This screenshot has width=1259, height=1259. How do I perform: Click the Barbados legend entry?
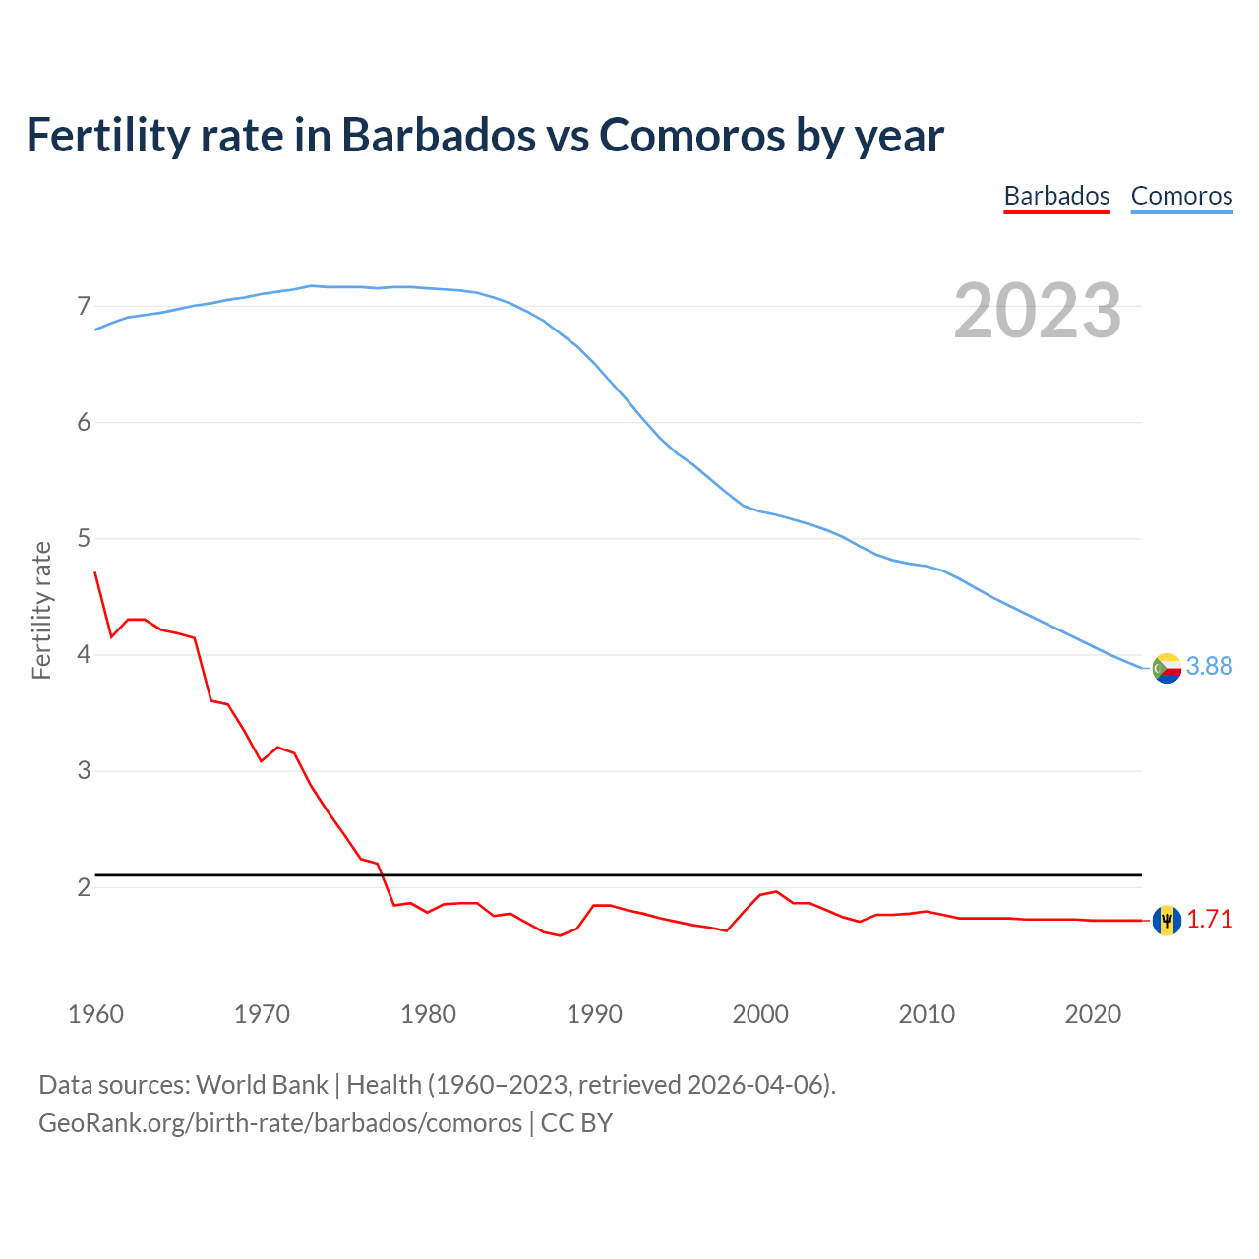point(1056,196)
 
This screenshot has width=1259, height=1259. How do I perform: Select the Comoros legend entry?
point(1181,196)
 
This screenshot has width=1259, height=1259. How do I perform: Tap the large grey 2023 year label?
point(1038,311)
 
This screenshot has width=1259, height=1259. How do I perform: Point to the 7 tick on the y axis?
point(84,306)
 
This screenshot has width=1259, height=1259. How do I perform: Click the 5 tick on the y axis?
point(84,539)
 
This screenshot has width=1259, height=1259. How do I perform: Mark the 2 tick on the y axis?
point(84,887)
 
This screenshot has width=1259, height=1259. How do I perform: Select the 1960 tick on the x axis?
point(95,1014)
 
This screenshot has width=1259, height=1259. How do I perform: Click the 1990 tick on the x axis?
point(594,1014)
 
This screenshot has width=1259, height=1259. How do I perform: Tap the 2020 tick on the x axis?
point(1093,1014)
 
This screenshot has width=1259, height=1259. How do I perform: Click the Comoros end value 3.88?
point(1209,667)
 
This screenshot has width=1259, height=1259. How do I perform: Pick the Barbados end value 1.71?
point(1209,920)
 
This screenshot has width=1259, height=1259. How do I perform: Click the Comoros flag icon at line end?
point(1167,668)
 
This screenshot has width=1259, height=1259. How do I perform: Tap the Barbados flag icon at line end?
point(1167,921)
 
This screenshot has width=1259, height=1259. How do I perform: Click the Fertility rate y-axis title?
point(41,610)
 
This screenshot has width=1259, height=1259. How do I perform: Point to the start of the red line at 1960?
point(95,572)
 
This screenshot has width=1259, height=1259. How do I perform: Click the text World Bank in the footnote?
point(262,1085)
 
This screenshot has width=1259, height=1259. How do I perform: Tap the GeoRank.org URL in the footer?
point(280,1123)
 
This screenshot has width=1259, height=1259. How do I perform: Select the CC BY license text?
point(577,1123)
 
